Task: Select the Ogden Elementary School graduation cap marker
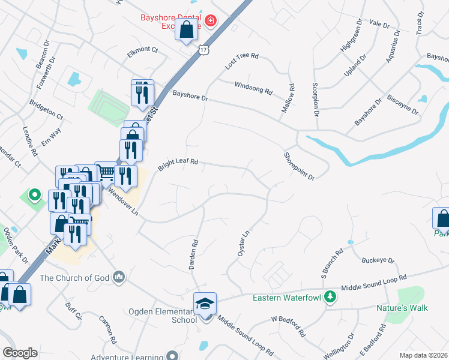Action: click(x=205, y=304)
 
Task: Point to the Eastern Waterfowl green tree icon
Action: click(x=330, y=297)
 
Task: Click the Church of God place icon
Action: click(x=119, y=277)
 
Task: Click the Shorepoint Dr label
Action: click(x=299, y=166)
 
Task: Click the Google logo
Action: click(x=20, y=353)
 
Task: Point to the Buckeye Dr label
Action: click(x=378, y=261)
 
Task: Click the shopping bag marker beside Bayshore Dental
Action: click(x=187, y=29)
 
